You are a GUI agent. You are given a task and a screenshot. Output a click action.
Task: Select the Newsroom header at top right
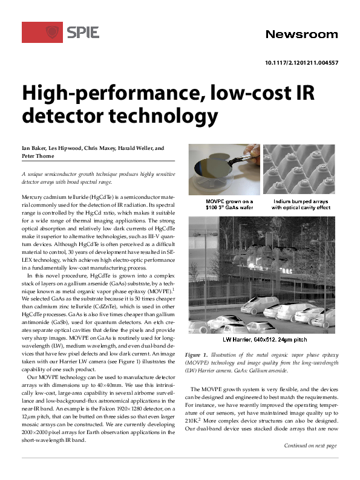click(301, 34)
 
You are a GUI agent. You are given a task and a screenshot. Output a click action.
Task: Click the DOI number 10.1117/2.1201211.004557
click(301, 63)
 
